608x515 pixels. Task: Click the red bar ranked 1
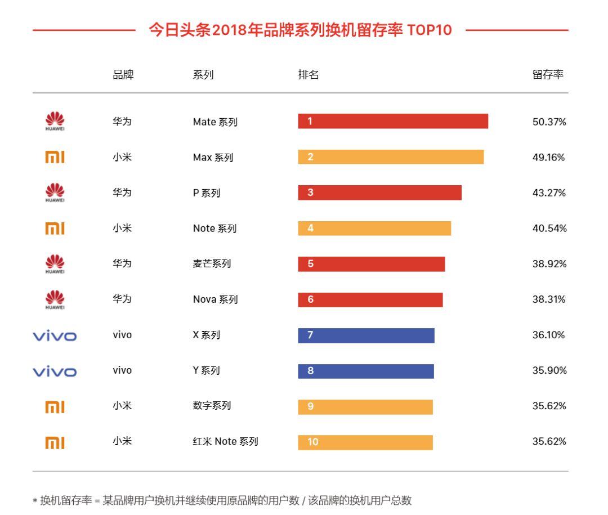[393, 122]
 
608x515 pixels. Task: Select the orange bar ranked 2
[391, 157]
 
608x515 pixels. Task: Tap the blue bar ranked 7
[366, 335]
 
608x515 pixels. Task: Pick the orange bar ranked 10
[365, 442]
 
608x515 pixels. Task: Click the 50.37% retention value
[549, 122]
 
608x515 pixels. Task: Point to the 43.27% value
[549, 192]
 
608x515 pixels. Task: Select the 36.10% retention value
[549, 335]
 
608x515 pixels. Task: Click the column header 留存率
[548, 74]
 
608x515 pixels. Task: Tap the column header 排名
[309, 74]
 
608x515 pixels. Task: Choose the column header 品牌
[123, 74]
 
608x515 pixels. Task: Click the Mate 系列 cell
[215, 122]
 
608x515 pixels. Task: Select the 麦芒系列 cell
[212, 263]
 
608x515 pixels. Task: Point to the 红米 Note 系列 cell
[225, 442]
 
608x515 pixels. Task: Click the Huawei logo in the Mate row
[55, 122]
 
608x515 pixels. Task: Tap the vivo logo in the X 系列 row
[55, 336]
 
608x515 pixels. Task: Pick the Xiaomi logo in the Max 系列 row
[55, 158]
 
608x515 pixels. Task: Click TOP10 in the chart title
[430, 30]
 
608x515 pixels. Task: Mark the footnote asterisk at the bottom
[35, 501]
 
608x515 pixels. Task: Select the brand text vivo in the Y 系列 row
[122, 370]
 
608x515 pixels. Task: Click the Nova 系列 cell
[215, 299]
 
